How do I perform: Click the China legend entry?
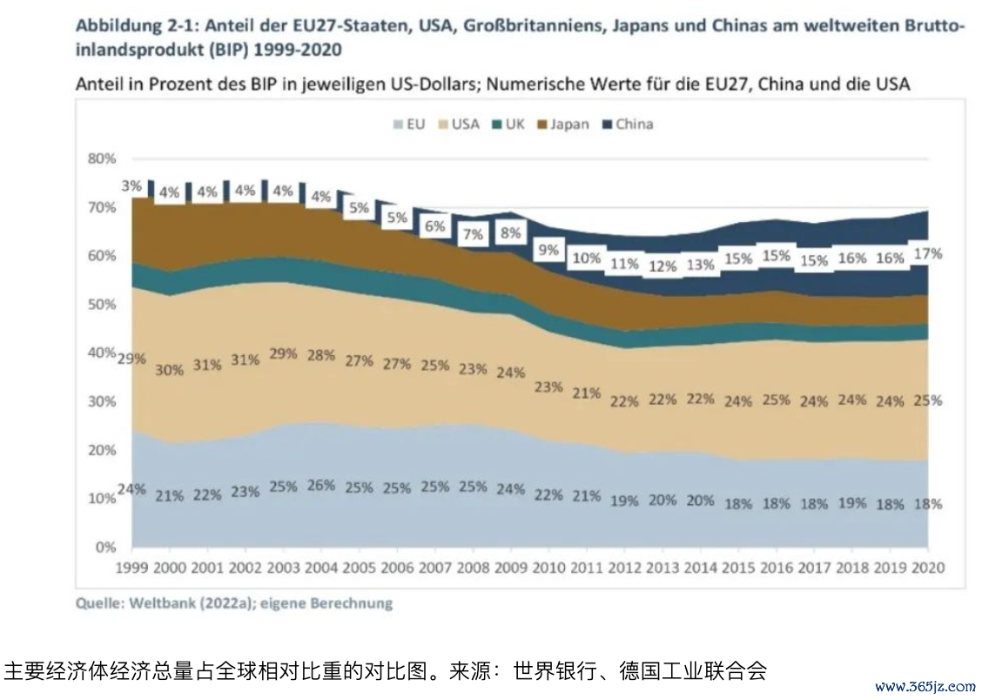[627, 125]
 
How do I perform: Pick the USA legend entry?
[458, 125]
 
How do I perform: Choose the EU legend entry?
[408, 125]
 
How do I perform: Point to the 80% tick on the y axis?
[102, 159]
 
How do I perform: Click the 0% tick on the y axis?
[105, 548]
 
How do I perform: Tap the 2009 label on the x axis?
[511, 567]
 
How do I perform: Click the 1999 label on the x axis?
[132, 567]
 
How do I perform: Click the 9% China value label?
[548, 250]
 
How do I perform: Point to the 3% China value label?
[132, 185]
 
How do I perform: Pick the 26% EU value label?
[321, 485]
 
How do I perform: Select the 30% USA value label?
[170, 369]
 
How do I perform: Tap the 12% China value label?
[663, 266]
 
